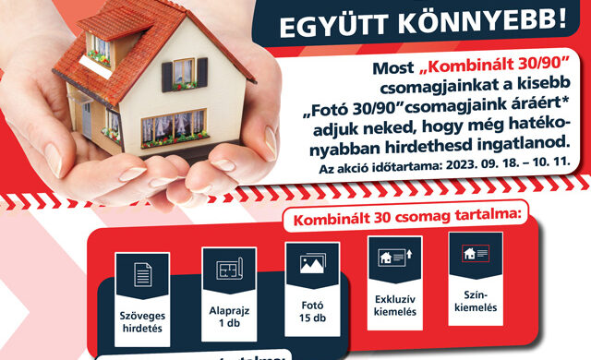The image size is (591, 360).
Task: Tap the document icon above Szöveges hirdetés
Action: [x=143, y=273]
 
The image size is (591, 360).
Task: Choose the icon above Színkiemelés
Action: [x=475, y=253]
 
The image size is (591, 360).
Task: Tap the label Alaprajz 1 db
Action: [x=226, y=318]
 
